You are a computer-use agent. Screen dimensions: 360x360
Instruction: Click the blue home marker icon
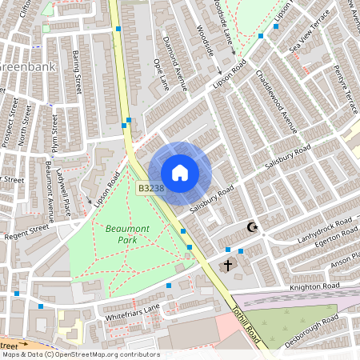[x=180, y=173]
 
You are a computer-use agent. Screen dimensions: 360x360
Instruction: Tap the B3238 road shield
[x=151, y=189]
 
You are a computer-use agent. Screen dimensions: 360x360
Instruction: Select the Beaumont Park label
[x=121, y=234]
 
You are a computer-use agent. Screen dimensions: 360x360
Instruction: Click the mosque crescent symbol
[x=254, y=228]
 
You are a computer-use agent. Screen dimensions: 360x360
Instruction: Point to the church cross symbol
[x=228, y=264]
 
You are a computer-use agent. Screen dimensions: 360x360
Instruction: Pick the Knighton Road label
[x=316, y=286]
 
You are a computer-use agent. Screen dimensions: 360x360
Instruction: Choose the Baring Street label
[x=78, y=70]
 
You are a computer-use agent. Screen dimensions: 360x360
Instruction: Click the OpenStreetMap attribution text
[x=80, y=354]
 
